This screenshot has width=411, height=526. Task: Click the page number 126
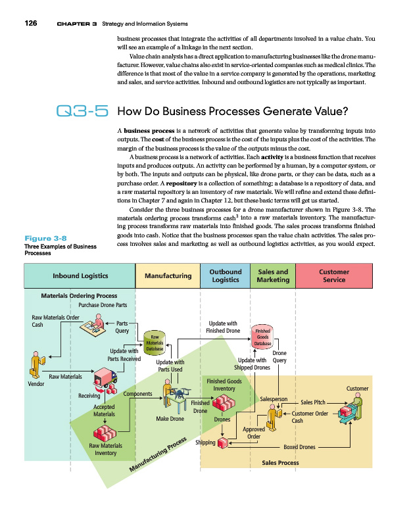pos(30,24)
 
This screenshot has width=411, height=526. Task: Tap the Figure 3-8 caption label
pos(45,238)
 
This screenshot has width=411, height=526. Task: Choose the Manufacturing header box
pos(168,276)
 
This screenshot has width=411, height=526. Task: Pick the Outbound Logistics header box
pos(225,275)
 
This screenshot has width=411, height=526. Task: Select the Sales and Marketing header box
pos(273,275)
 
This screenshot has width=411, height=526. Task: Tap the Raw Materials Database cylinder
pos(155,342)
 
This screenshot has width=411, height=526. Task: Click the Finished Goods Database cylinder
pos(262,335)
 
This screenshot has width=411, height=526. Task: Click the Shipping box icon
pos(224,443)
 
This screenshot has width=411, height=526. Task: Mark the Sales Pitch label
pos(313,402)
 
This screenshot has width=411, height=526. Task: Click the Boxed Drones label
pos(299,447)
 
